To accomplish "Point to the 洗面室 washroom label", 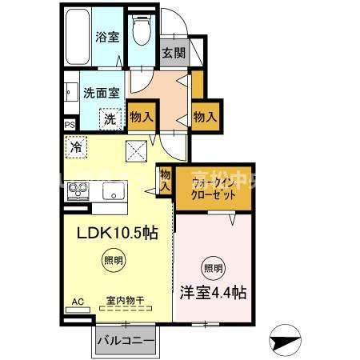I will (x=101, y=92).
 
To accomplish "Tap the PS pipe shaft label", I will (x=69, y=125).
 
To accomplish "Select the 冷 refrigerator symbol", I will (x=76, y=147).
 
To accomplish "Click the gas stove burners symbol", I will (x=79, y=191).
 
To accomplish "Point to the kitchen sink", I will (x=112, y=191).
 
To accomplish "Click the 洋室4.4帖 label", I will (x=211, y=293).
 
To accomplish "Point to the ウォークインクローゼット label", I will (x=212, y=186).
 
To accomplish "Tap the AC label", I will (x=78, y=302).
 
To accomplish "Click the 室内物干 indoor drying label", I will (x=125, y=302).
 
